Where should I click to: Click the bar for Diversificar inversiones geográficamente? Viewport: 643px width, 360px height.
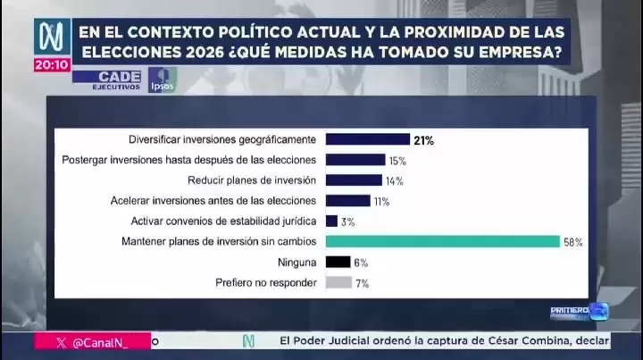(x=366, y=139)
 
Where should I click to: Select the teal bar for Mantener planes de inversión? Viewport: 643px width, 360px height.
(x=442, y=241)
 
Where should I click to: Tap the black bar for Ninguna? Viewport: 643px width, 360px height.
(x=338, y=262)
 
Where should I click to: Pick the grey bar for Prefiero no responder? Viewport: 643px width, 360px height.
(x=338, y=282)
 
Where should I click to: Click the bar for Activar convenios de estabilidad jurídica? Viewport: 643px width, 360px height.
(x=331, y=221)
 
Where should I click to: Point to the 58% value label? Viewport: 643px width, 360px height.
(x=572, y=242)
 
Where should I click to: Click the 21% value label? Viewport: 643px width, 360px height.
(x=423, y=140)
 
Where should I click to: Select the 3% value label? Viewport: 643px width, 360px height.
(x=348, y=222)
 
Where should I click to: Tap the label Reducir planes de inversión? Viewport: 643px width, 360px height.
(x=259, y=180)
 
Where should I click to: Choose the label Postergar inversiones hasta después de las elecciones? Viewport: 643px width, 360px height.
(x=189, y=160)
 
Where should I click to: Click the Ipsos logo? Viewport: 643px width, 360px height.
(x=162, y=79)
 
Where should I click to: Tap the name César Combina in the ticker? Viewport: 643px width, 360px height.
(x=519, y=340)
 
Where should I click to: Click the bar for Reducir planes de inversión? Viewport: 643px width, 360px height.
(x=354, y=180)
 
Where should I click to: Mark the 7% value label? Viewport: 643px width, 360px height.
(x=362, y=283)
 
